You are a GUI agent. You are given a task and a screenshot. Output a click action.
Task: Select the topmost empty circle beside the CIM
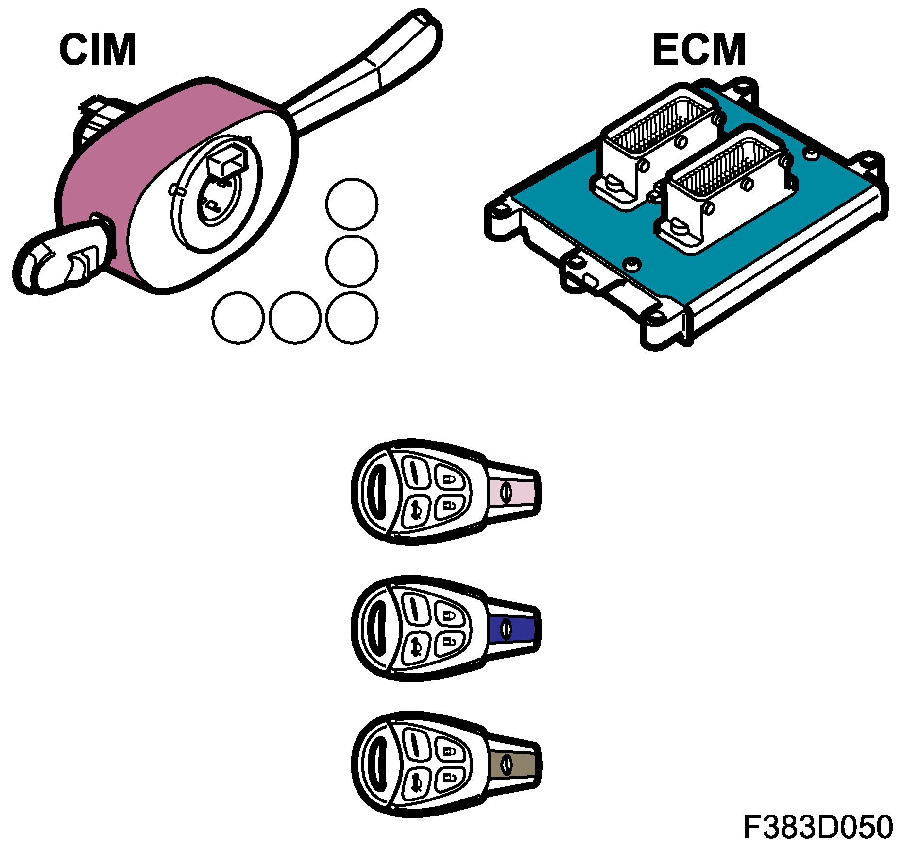[352, 204]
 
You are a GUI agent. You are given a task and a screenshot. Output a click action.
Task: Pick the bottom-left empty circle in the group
[238, 318]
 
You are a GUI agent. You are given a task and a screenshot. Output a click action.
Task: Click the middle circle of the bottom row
[295, 318]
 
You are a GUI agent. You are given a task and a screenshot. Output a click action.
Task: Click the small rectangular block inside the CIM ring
[226, 163]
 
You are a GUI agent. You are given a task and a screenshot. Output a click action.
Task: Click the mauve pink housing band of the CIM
[112, 160]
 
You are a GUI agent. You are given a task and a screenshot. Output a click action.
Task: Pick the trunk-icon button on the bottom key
[417, 783]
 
